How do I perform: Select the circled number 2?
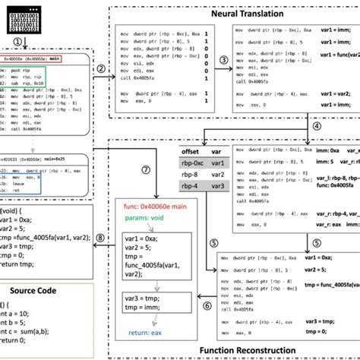pyautogui.click(x=103, y=68)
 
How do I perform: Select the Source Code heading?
pyautogui.click(x=46, y=292)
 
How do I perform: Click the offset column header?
pyautogui.click(x=189, y=152)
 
